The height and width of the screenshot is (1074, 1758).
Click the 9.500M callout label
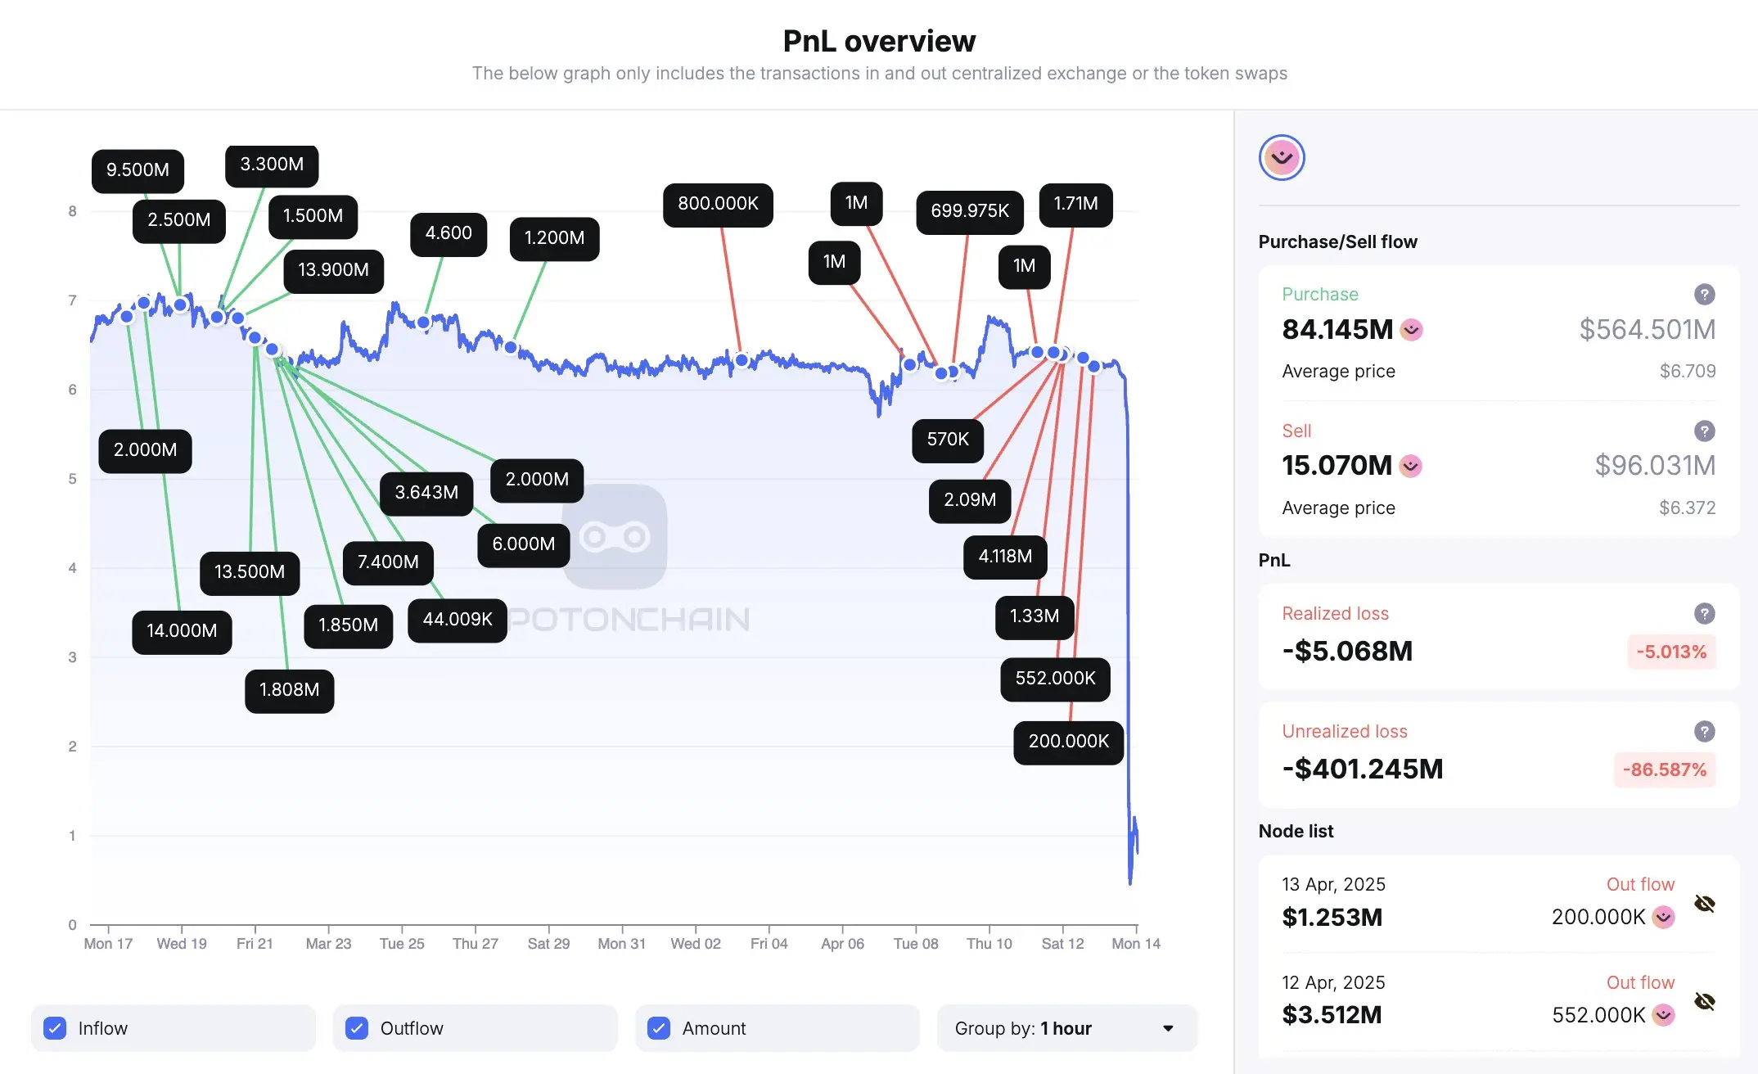point(137,170)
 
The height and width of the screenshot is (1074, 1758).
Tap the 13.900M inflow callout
point(333,270)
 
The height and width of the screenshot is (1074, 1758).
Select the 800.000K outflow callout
point(718,204)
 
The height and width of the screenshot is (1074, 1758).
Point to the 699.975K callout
point(969,211)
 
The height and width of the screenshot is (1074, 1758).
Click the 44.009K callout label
point(457,620)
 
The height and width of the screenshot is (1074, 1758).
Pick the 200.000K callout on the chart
point(1068,742)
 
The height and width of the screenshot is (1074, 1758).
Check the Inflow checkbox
point(55,1028)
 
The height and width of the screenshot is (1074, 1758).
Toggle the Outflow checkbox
point(357,1028)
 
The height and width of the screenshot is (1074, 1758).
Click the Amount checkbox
point(659,1028)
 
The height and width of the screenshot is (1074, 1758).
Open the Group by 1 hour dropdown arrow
point(1168,1028)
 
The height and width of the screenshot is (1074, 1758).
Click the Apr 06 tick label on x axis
point(842,944)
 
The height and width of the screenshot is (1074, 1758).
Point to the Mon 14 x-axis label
point(1135,944)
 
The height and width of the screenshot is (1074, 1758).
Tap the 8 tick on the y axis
point(73,211)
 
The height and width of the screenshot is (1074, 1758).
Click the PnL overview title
point(879,41)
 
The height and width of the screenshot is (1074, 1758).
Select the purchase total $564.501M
point(1647,329)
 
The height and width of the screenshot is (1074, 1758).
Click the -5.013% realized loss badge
point(1671,652)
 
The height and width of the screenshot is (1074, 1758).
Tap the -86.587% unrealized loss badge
point(1665,770)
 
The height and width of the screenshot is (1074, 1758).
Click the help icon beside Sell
point(1704,431)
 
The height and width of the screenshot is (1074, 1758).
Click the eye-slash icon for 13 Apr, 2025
point(1704,904)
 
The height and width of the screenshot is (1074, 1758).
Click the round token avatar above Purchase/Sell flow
point(1282,157)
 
